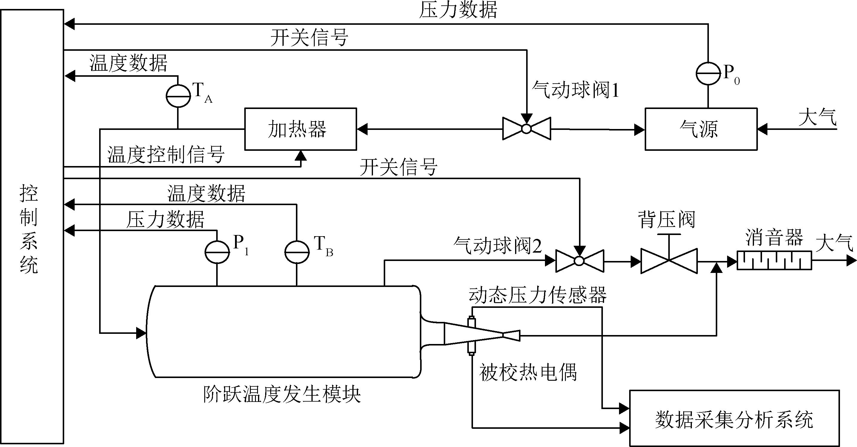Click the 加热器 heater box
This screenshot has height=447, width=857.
[x=300, y=129]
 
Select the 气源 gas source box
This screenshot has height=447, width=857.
[x=701, y=129]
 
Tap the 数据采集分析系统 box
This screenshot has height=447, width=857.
[x=734, y=418]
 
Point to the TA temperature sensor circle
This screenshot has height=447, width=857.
[x=178, y=96]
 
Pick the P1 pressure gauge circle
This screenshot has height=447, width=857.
[x=217, y=252]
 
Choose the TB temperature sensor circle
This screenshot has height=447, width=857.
[x=297, y=252]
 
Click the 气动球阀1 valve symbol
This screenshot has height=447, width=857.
[x=527, y=129]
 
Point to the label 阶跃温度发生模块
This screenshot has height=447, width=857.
[x=282, y=395]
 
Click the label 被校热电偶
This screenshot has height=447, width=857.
[x=528, y=372]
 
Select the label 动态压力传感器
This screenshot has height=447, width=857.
[x=537, y=295]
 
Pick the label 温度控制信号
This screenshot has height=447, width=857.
[x=166, y=154]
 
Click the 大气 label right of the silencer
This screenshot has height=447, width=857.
[x=834, y=243]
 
